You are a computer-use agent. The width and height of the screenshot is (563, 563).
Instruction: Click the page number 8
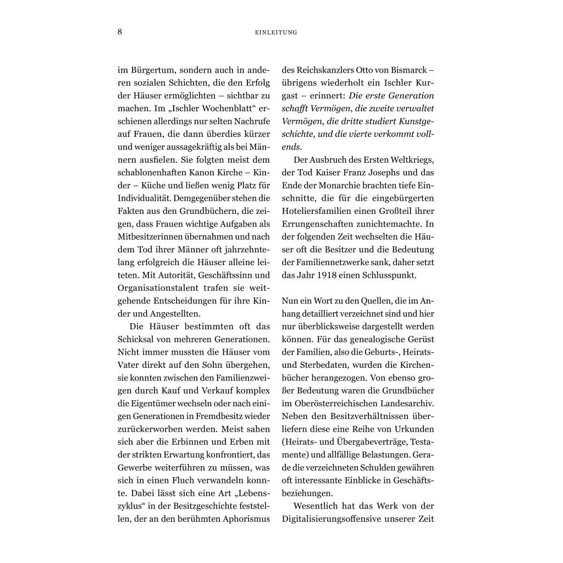tap(120, 31)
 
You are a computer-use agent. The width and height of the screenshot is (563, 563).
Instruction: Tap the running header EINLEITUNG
tap(277, 32)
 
